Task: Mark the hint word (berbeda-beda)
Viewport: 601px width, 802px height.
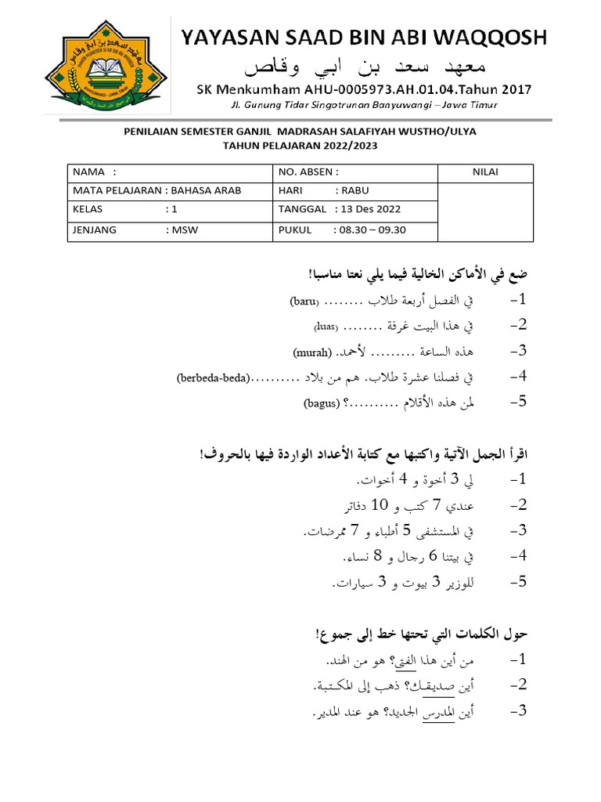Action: coord(213,378)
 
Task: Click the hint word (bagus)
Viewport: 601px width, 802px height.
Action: coord(322,404)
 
